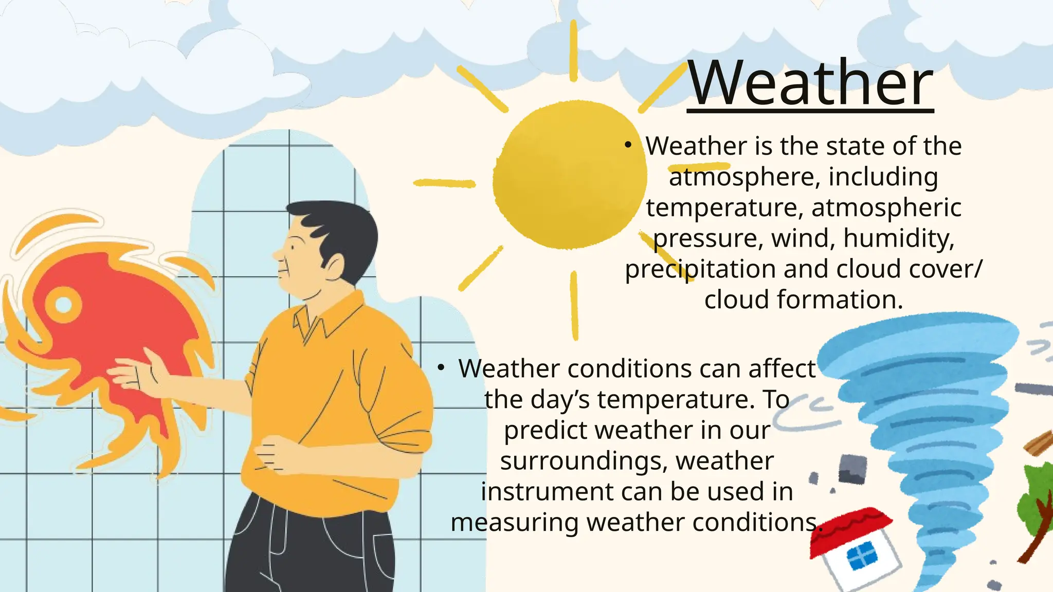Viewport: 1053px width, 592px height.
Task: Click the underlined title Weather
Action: click(810, 83)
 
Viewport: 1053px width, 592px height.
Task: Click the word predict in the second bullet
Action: click(544, 430)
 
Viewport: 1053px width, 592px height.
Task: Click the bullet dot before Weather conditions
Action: click(441, 368)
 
